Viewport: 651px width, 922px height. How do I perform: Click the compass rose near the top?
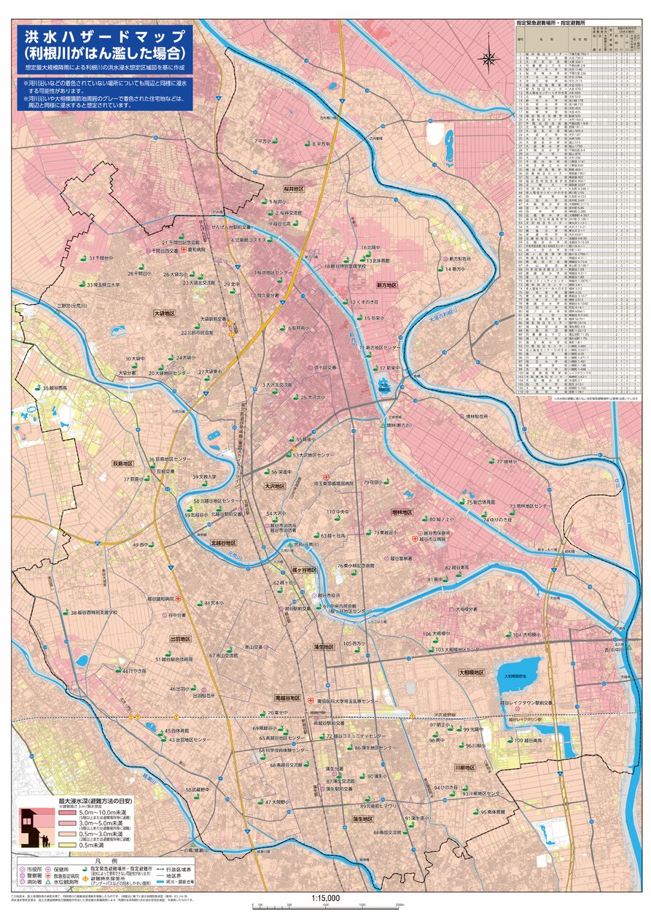click(x=488, y=58)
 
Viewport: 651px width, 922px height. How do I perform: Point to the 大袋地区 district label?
click(x=164, y=313)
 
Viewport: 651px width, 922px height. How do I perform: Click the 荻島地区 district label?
click(x=122, y=463)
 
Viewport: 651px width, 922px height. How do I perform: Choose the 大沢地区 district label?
click(x=274, y=485)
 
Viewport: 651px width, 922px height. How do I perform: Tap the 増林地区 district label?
click(x=402, y=513)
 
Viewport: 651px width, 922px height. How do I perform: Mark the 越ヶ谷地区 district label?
click(x=305, y=570)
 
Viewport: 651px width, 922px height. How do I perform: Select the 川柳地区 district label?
click(x=464, y=768)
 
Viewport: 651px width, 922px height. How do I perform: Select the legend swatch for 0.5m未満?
click(x=66, y=846)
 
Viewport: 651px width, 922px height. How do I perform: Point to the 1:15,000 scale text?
click(x=325, y=899)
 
